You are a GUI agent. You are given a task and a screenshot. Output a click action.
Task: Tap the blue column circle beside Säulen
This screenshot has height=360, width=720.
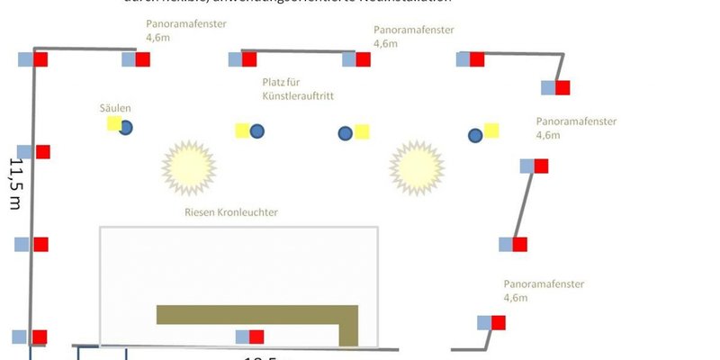(x=126, y=128)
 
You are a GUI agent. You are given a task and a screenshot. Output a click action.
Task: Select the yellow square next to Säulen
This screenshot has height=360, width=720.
(x=114, y=123)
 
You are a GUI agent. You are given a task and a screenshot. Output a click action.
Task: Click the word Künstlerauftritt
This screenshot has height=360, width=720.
(x=292, y=95)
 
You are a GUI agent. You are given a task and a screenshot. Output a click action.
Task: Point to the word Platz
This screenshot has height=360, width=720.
(x=273, y=82)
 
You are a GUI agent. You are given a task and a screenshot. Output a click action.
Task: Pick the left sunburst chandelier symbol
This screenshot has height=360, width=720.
(x=190, y=166)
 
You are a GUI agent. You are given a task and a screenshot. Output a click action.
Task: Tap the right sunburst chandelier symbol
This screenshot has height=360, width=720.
(x=418, y=166)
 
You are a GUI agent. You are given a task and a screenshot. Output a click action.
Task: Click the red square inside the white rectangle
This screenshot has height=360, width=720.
(x=256, y=337)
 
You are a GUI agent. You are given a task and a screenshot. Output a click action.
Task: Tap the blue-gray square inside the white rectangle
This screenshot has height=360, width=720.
(x=243, y=337)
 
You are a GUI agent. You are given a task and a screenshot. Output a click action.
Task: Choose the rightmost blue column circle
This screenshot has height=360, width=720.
(x=475, y=135)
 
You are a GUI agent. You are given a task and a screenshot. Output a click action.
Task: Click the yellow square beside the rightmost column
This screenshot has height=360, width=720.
(x=491, y=130)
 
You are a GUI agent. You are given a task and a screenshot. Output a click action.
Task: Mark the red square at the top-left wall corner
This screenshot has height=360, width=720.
(x=40, y=59)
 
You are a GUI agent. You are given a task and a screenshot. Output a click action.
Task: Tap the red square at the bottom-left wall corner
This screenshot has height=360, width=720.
(x=39, y=337)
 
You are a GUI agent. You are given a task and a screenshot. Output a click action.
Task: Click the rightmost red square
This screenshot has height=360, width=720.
(x=562, y=88)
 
